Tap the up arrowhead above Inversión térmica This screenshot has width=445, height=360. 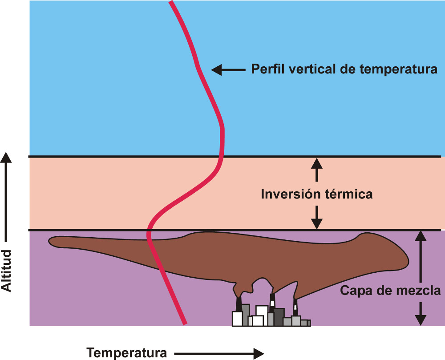(x=316, y=163)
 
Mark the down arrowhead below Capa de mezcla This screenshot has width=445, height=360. (x=421, y=320)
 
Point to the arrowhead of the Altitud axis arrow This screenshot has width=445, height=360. (x=6, y=157)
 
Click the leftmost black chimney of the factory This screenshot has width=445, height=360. (x=239, y=304)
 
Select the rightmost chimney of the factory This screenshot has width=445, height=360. (x=295, y=307)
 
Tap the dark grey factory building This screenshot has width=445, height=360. (x=279, y=316)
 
